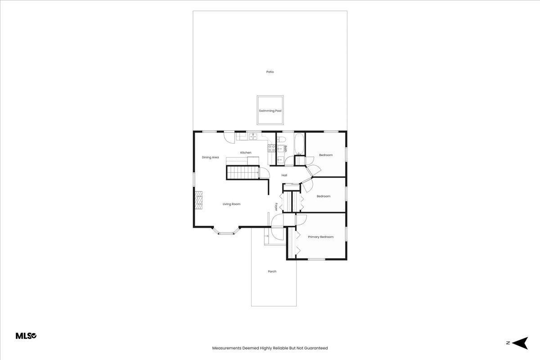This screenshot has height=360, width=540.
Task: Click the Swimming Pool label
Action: [270, 111]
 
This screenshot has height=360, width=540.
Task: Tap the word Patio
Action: [270, 72]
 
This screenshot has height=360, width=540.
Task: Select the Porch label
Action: [272, 271]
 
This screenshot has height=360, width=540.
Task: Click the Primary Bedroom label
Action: [320, 237]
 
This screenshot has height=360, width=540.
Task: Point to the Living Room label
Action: [231, 204]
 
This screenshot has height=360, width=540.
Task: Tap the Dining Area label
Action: [210, 157]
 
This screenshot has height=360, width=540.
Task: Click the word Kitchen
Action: [246, 153]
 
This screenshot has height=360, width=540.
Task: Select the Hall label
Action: [284, 175]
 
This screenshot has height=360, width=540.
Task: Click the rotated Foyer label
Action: [276, 207]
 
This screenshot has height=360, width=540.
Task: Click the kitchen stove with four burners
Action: [272, 148]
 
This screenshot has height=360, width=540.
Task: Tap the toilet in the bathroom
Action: [281, 139]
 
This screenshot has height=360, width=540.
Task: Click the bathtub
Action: [299, 144]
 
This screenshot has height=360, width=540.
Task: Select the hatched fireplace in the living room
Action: [198, 200]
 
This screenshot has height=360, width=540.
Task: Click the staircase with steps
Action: [243, 173]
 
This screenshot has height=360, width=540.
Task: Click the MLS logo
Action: [26, 336]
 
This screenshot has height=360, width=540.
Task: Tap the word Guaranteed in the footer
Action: [316, 348]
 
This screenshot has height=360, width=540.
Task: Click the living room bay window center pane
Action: [226, 233]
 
